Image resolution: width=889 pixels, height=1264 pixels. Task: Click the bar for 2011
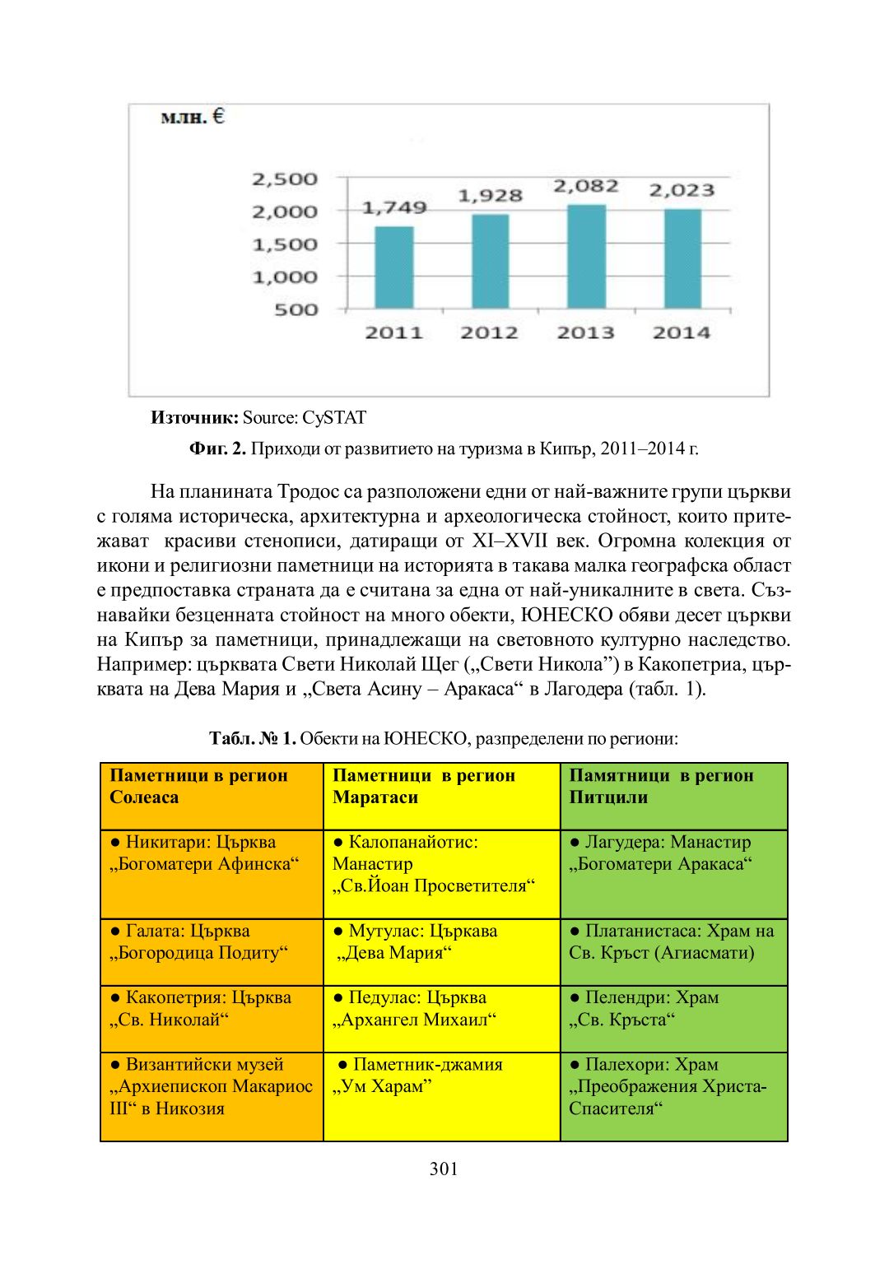pos(394,267)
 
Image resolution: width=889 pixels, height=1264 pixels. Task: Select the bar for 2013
pos(586,257)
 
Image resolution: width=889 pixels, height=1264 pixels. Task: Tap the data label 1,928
pos(491,196)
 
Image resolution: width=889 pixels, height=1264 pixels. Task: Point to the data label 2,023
pos(682,190)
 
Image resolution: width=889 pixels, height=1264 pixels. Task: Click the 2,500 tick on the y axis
pos(285,179)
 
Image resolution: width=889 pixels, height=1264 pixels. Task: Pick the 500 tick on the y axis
pos(296,309)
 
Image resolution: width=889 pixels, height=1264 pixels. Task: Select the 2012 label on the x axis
pos(490,332)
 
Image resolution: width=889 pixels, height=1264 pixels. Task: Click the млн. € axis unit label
pos(193,117)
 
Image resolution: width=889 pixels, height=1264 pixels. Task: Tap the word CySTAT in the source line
pos(334,417)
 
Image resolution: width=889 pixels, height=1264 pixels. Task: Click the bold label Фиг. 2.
pos(217,448)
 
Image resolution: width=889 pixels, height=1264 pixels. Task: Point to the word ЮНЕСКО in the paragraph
pos(567,615)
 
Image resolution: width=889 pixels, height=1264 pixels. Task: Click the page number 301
pos(444,1169)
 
